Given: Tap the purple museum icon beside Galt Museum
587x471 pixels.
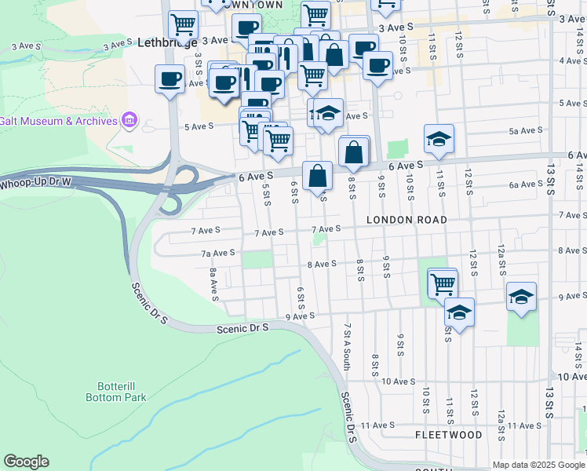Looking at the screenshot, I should coord(129,120).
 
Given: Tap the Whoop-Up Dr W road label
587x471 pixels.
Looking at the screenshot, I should coord(36,182).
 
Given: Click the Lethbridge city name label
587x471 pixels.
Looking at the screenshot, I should coord(167,44).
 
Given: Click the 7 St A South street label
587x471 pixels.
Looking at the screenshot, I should coord(346,345).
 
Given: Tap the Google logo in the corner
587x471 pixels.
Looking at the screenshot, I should coord(26,462).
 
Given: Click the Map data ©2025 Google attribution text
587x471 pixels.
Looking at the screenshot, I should coord(538,465).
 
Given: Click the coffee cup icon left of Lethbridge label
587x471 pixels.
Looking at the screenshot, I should coord(170,78).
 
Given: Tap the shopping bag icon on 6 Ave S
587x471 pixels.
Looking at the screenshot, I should coord(317,175).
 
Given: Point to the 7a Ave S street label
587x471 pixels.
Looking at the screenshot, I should coord(219,253).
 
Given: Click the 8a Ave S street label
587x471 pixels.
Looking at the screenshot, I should coord(213,284).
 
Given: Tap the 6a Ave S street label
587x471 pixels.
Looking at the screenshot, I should coord(526,184).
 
